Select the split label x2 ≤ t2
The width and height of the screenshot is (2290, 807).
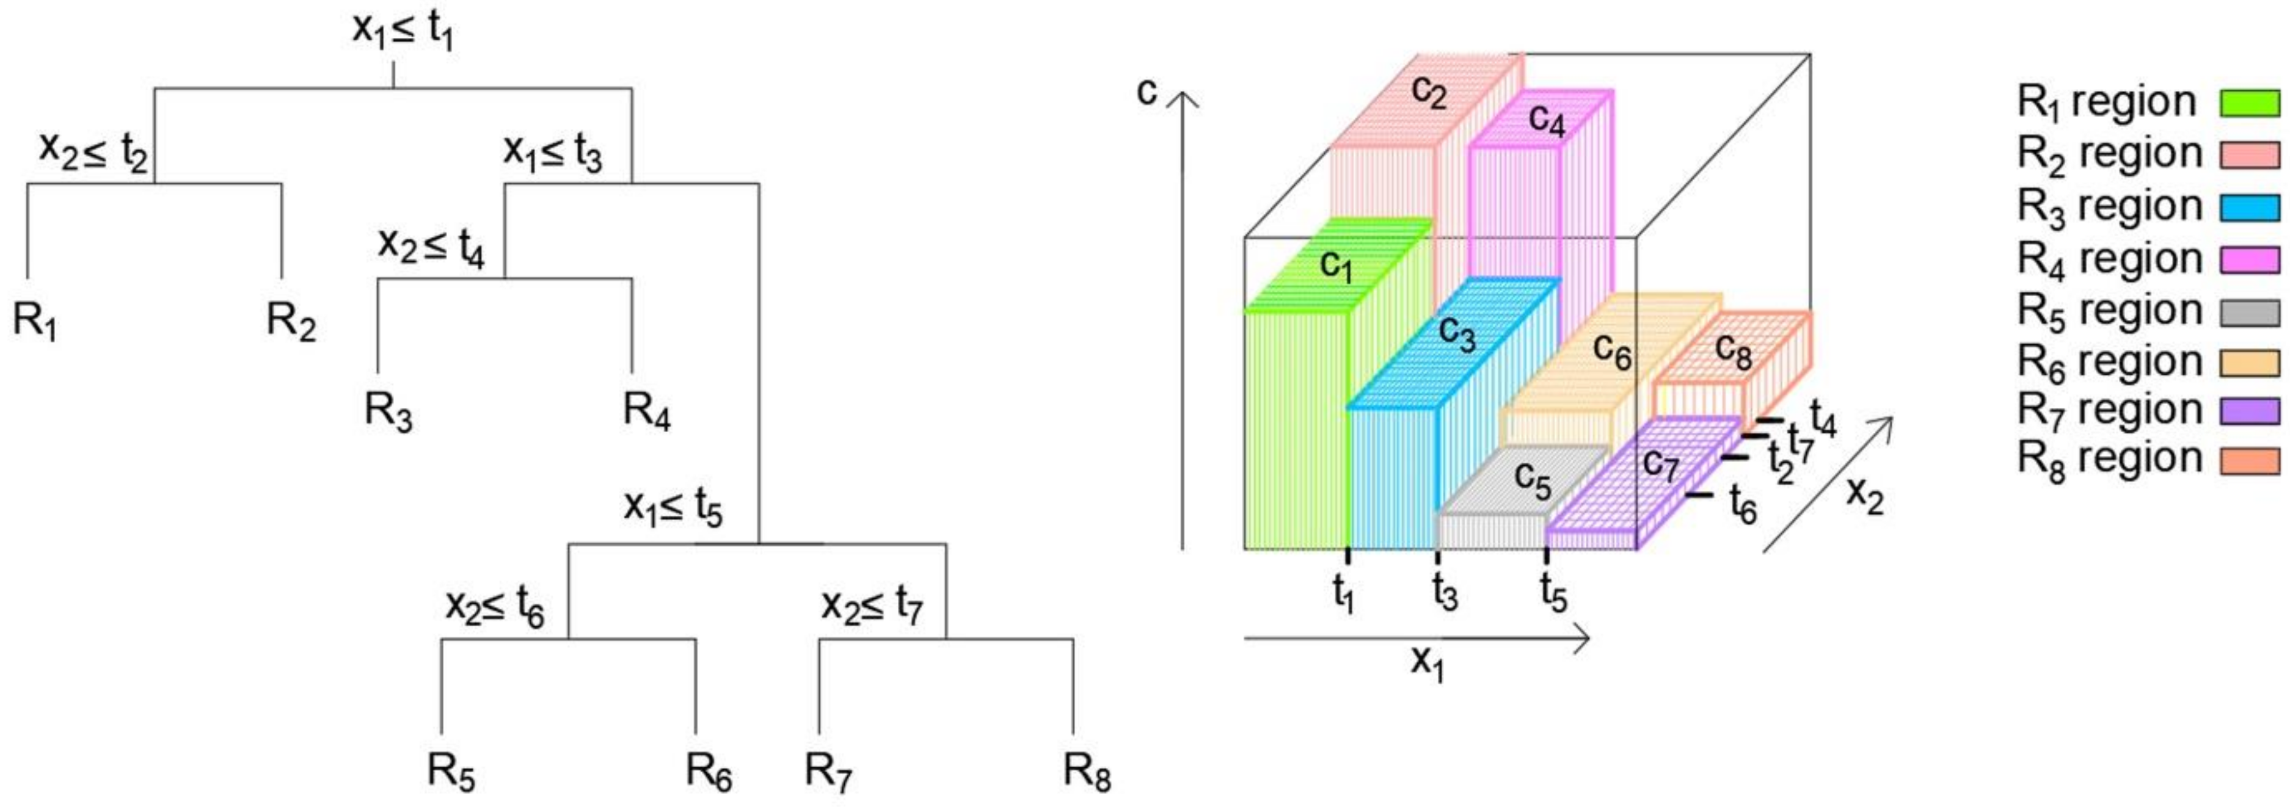(x=93, y=151)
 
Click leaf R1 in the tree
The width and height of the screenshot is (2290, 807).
(x=35, y=320)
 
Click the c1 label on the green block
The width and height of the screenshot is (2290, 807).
(x=1336, y=265)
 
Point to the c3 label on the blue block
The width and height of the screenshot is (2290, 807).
(x=1457, y=333)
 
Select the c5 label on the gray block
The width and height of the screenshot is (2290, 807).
(x=1533, y=480)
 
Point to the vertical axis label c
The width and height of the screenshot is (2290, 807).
(x=1148, y=91)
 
